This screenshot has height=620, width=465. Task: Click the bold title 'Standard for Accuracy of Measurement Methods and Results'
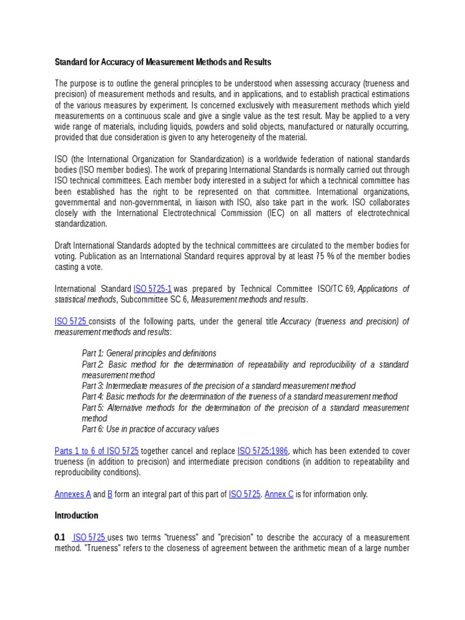(163, 62)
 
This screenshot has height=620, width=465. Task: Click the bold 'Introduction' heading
(76, 516)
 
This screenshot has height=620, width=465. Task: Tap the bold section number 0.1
(60, 538)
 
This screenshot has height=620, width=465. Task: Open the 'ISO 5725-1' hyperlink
(153, 289)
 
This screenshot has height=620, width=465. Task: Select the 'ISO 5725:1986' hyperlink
(263, 451)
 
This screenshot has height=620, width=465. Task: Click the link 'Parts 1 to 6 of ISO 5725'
(97, 451)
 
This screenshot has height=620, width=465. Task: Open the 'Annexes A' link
(73, 494)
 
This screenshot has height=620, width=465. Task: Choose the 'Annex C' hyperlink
(279, 494)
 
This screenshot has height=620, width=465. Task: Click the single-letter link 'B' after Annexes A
(110, 494)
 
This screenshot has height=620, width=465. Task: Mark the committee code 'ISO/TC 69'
(335, 289)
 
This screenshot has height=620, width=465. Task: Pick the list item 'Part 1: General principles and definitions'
(149, 353)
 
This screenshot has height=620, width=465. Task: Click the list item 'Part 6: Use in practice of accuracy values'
(150, 429)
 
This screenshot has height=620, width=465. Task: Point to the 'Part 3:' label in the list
(93, 386)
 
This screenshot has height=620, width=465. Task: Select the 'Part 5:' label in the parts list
(93, 407)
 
